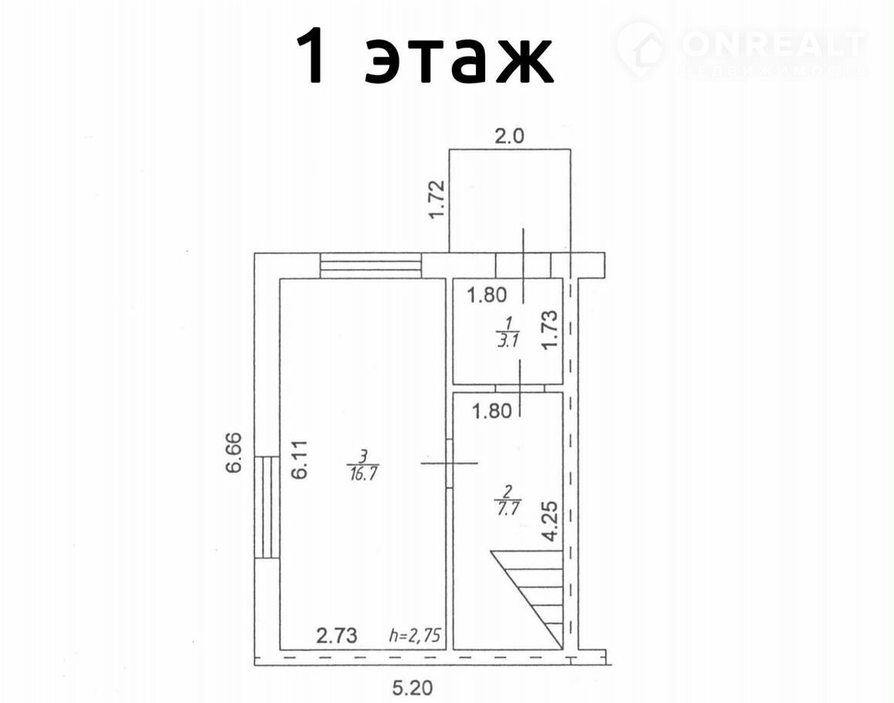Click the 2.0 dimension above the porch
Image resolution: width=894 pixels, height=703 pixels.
508,137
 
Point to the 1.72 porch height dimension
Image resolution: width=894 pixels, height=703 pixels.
436,199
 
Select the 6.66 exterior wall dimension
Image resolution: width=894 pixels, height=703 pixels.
234,453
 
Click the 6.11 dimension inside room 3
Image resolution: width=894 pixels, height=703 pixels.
301,459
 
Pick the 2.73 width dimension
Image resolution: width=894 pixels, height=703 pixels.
337,635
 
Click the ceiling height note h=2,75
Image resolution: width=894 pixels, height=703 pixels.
415,635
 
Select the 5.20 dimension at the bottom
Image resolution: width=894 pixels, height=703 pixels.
412,689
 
